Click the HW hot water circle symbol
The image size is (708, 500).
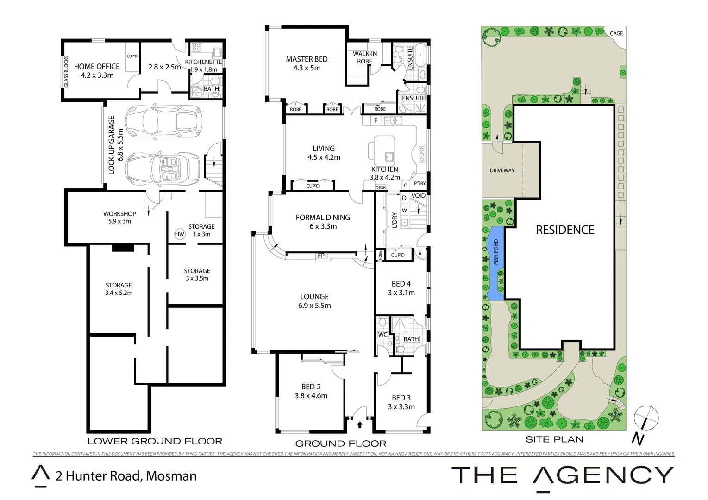click(x=180, y=234)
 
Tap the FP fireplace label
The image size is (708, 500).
click(x=321, y=256)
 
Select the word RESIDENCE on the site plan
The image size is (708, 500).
click(x=564, y=230)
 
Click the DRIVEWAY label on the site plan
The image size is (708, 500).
click(x=502, y=170)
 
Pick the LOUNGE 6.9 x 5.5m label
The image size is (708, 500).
click(x=314, y=301)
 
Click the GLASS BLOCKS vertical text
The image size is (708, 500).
click(x=66, y=72)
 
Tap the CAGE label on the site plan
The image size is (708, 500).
click(x=616, y=33)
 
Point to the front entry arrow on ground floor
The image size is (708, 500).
click(x=360, y=424)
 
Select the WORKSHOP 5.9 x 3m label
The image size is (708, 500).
click(x=119, y=217)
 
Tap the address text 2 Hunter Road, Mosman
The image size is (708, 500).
click(x=126, y=476)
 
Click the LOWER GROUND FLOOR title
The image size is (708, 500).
click(x=155, y=441)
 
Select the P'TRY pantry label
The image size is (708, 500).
click(x=420, y=184)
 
